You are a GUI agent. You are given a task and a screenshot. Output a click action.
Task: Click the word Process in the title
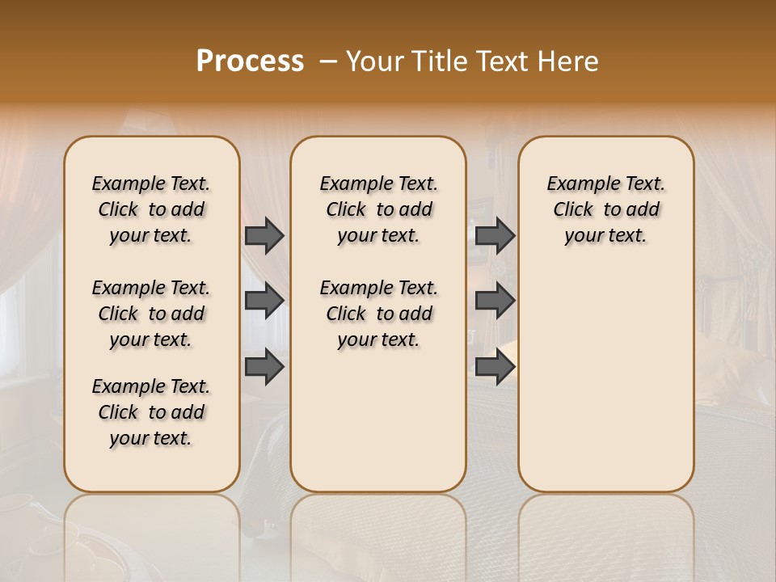250,61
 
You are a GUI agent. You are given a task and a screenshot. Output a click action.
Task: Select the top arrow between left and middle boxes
264,236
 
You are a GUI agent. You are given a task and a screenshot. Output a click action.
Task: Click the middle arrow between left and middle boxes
264,302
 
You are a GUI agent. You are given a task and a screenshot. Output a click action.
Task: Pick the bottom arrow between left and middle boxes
264,367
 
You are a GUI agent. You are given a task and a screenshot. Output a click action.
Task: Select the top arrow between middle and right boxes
495,236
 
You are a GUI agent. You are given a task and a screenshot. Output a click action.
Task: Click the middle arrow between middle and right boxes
495,302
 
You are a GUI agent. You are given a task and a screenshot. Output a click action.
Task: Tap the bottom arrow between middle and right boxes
495,367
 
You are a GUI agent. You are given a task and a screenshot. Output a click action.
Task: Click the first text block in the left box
151,209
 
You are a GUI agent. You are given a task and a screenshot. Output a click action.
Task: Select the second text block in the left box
151,314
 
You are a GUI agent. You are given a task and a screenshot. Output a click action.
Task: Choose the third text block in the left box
151,412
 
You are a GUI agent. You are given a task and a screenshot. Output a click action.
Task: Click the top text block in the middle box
378,209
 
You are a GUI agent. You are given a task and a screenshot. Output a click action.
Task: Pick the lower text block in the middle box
378,314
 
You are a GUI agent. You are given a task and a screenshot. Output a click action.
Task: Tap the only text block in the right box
606,209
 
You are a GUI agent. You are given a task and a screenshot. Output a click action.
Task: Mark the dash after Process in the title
327,61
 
